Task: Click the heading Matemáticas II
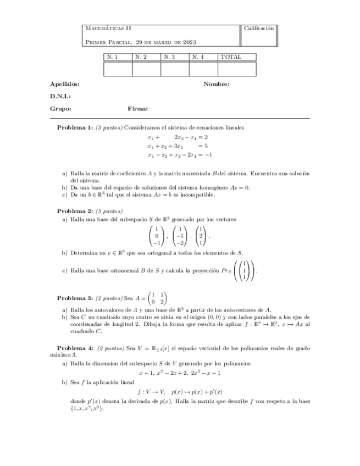(108, 27)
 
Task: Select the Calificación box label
(258, 27)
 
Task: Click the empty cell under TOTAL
(237, 69)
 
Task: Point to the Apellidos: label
(64, 84)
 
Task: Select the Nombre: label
(216, 84)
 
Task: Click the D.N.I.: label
(60, 96)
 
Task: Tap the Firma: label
(137, 108)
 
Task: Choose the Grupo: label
(60, 108)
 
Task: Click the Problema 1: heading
(75, 127)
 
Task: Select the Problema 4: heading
(75, 348)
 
